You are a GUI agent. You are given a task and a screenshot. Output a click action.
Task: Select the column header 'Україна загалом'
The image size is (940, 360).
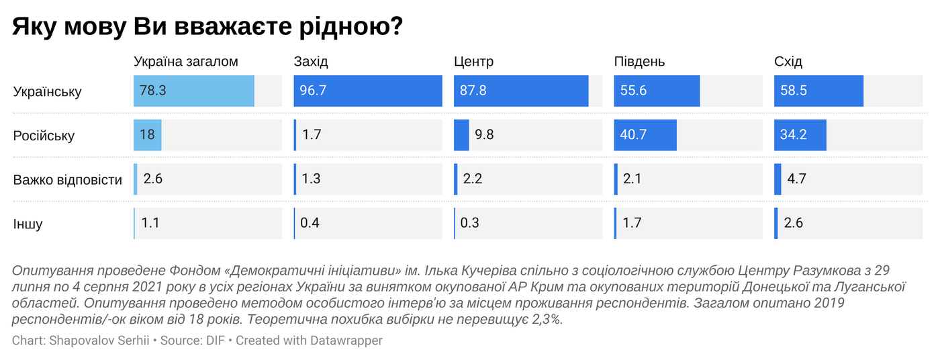point(186,62)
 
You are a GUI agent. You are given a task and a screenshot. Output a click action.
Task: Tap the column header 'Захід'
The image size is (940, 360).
point(311,62)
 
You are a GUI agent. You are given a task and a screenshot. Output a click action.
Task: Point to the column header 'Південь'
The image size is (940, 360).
point(639,62)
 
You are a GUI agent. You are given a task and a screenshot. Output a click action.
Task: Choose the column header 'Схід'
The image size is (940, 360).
point(788,62)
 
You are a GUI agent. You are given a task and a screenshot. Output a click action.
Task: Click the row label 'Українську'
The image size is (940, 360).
point(47,91)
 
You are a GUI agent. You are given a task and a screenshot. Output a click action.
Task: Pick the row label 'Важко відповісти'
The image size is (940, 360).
point(68,180)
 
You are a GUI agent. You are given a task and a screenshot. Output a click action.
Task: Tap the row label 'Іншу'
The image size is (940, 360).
point(28,224)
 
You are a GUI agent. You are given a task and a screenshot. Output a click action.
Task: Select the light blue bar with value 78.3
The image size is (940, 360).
point(194,91)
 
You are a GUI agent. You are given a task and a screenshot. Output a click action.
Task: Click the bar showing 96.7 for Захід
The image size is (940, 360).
point(368,91)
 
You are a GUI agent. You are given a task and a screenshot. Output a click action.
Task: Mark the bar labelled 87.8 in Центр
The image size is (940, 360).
point(521,91)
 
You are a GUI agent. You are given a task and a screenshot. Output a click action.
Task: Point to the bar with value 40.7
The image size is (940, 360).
point(645,135)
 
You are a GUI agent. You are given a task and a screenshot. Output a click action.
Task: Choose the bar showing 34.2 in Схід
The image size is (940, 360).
point(800,135)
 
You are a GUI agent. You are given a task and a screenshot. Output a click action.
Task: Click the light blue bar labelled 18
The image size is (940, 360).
point(148,135)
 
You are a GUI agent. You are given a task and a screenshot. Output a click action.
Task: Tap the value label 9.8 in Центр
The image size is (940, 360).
point(484,135)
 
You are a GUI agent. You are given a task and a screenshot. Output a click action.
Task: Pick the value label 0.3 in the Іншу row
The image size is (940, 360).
point(470,223)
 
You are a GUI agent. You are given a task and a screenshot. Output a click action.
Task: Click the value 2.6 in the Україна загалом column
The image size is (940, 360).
point(153,179)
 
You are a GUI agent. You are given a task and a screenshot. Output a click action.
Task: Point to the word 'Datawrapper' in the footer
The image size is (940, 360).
point(346,341)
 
